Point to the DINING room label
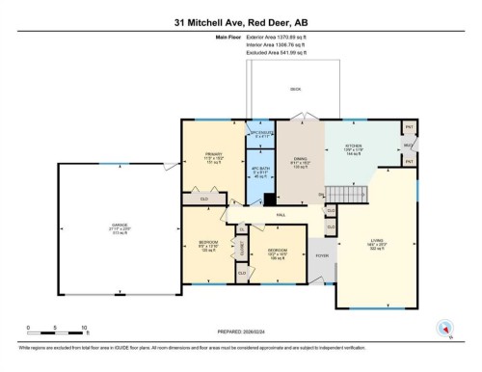[299, 160]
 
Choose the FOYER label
[321, 256]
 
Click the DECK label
[296, 89]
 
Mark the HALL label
[281, 213]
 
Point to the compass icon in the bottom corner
[444, 327]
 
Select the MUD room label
[409, 145]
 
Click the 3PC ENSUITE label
[260, 134]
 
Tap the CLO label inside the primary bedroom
[204, 199]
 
